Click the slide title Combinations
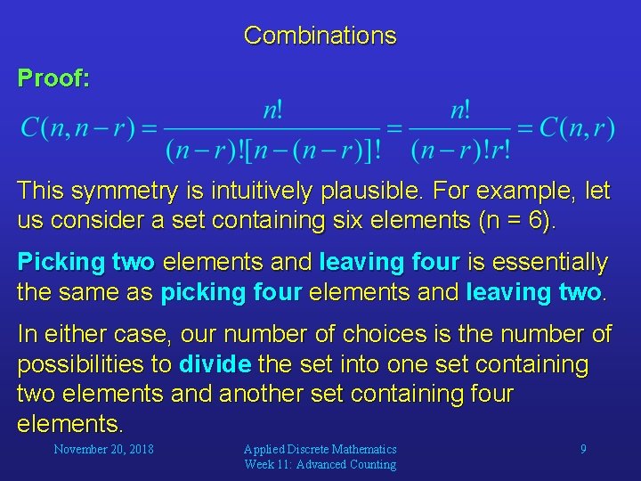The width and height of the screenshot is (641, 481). tap(320, 36)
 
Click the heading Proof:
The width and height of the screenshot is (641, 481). tap(53, 78)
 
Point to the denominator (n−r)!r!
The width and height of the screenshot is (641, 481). tap(460, 150)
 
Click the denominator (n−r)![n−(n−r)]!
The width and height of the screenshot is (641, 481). tap(272, 150)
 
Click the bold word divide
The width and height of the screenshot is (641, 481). tap(216, 364)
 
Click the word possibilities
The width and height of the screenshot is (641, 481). tap(85, 364)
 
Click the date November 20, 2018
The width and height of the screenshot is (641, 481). tap(103, 449)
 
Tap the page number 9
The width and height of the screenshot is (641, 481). tap(583, 449)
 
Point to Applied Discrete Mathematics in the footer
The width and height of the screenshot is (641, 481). tap(320, 449)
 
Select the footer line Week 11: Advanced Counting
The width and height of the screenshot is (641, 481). tap(320, 464)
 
